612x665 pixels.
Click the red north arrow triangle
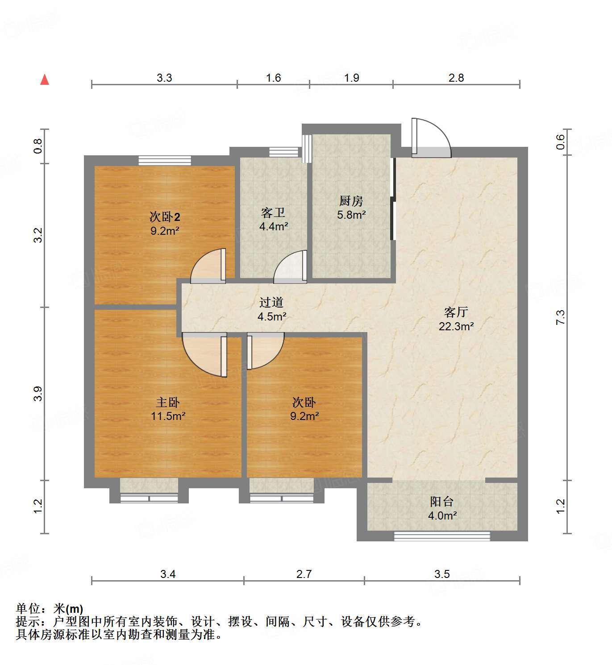point(45,80)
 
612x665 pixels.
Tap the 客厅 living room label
point(456,312)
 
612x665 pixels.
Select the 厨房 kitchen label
point(351,201)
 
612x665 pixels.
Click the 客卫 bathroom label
point(273,212)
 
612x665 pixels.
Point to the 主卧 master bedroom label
point(168,402)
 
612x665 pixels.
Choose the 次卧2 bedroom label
point(165,217)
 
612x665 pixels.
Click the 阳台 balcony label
point(442,502)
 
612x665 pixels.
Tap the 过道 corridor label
point(271,302)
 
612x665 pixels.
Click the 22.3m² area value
point(456,326)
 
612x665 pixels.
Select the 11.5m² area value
point(168,416)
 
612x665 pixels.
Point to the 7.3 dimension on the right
point(560,317)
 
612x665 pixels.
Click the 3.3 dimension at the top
point(164,78)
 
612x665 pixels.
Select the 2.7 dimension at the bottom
point(304,574)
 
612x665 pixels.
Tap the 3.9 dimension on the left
point(38,393)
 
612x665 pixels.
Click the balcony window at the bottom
point(441,536)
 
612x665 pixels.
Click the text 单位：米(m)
point(50,608)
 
